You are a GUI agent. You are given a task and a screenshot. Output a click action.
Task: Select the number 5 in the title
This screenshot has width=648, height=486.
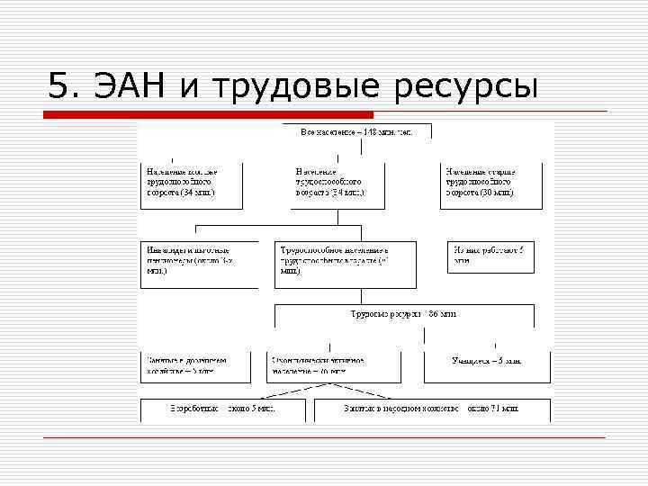(x=59, y=86)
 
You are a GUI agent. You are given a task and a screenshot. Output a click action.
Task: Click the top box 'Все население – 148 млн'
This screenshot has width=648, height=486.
(x=356, y=132)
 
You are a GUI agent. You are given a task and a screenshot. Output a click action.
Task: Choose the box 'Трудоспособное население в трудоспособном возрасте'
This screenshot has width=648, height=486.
(x=346, y=263)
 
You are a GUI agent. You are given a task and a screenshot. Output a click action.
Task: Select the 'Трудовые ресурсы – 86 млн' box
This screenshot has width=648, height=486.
(x=404, y=314)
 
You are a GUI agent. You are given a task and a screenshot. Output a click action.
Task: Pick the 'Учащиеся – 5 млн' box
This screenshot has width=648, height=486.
(x=486, y=362)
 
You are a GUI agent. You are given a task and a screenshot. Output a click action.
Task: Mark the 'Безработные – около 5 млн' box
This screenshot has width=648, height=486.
(x=221, y=409)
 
